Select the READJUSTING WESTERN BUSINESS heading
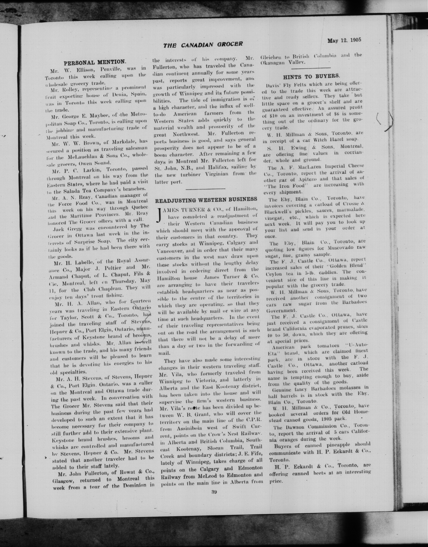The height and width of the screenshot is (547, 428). (x=206, y=199)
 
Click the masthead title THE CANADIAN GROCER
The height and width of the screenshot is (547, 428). (x=203, y=45)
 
